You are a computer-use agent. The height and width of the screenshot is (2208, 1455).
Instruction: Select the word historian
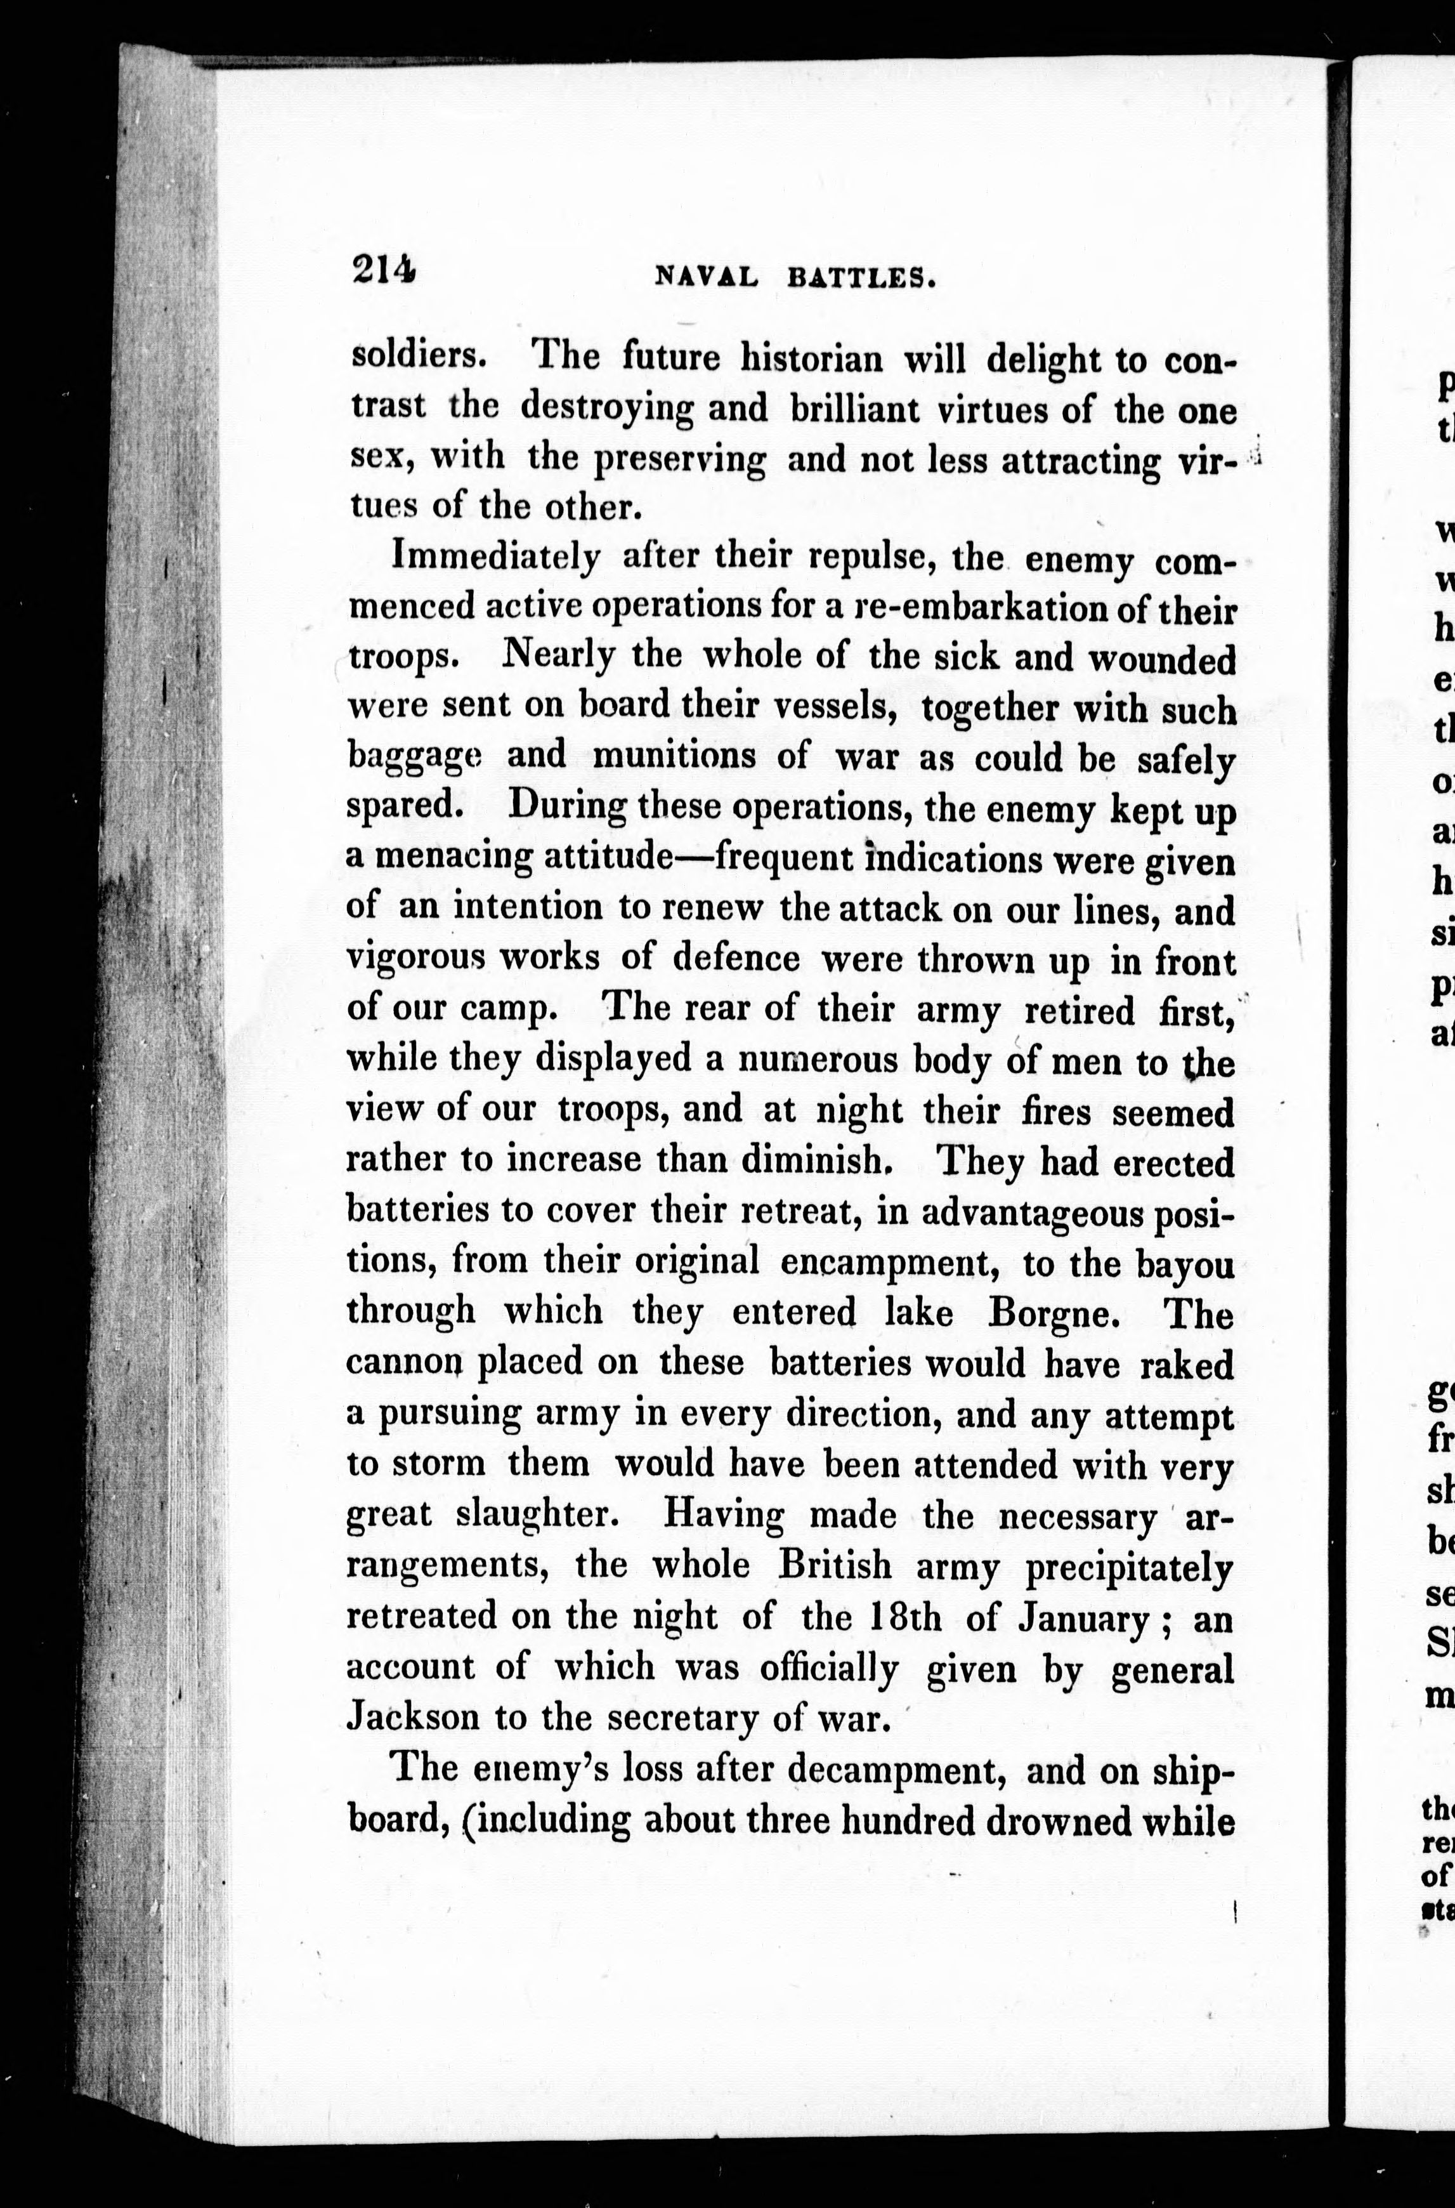coord(811,359)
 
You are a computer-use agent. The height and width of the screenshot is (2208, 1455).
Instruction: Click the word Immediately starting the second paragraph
coord(497,558)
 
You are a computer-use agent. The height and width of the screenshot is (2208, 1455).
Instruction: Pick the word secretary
coord(680,1718)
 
